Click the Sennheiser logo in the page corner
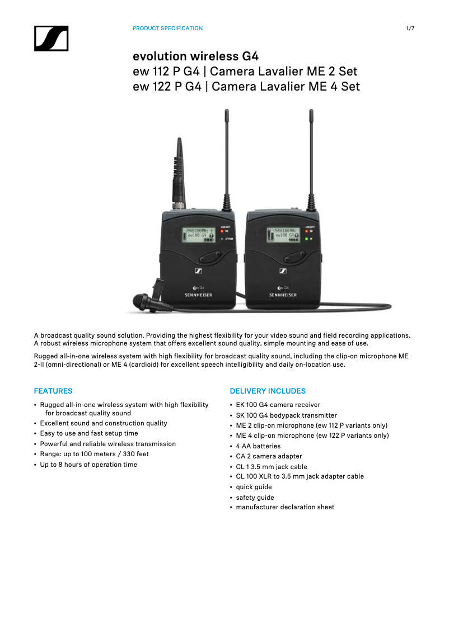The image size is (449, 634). (x=51, y=39)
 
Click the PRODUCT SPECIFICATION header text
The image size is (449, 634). (x=167, y=29)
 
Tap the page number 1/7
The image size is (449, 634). (x=410, y=29)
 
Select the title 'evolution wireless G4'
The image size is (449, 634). (x=195, y=56)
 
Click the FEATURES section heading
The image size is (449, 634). (x=53, y=391)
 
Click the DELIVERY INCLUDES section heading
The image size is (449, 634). (x=268, y=391)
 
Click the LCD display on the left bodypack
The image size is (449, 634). (x=198, y=234)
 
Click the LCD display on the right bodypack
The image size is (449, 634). (x=283, y=234)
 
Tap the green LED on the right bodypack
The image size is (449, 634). (x=306, y=239)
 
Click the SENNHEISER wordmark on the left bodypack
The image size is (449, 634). (x=198, y=295)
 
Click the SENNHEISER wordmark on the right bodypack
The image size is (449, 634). (x=283, y=295)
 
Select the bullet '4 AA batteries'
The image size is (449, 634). (x=258, y=446)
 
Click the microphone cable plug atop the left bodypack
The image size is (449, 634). (x=179, y=174)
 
